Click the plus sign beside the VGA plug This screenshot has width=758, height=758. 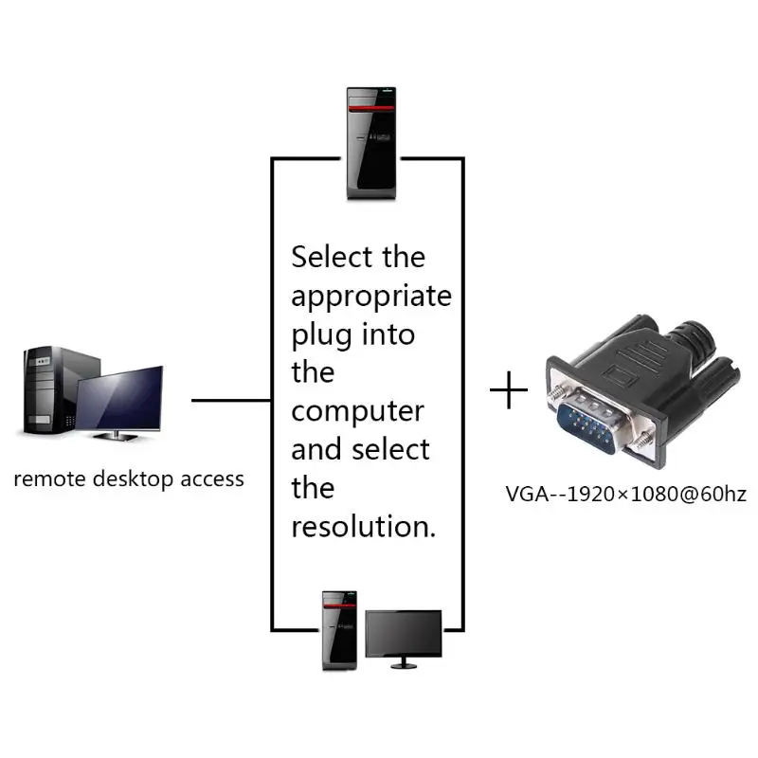click(x=510, y=390)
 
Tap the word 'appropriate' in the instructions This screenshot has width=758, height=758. click(x=371, y=297)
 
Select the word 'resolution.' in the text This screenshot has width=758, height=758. click(x=364, y=527)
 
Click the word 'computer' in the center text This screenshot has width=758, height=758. click(x=357, y=412)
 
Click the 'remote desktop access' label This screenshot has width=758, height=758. click(x=129, y=478)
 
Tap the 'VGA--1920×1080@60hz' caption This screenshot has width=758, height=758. click(x=625, y=494)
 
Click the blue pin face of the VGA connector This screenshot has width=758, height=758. click(x=594, y=424)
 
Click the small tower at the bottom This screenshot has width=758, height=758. click(x=339, y=630)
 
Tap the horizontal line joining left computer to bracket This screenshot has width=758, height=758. click(x=231, y=400)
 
